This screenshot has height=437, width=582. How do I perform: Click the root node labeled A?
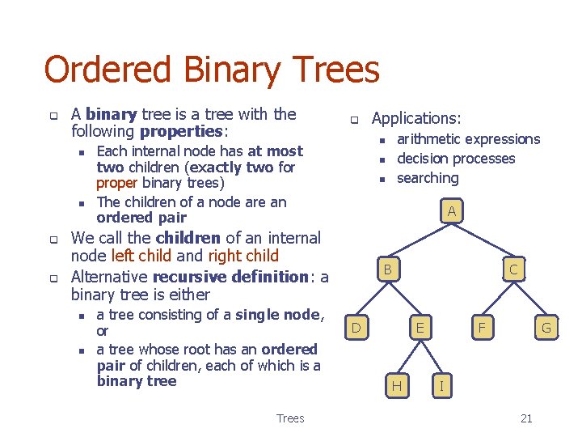pyautogui.click(x=452, y=212)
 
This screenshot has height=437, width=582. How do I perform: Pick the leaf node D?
pyautogui.click(x=356, y=328)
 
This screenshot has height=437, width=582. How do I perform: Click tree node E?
pyautogui.click(x=419, y=328)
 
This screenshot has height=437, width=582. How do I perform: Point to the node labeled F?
pyautogui.click(x=483, y=328)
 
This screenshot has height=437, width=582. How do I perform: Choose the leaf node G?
pyautogui.click(x=546, y=328)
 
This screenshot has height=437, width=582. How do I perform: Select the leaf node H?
pyautogui.click(x=396, y=386)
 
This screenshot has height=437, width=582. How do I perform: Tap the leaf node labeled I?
pyautogui.click(x=441, y=386)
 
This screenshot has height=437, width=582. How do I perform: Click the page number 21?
pyautogui.click(x=526, y=418)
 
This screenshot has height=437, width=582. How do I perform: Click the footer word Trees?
pyautogui.click(x=290, y=418)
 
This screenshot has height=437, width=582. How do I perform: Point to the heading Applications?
pyautogui.click(x=416, y=118)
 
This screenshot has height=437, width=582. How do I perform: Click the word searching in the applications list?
pyautogui.click(x=428, y=178)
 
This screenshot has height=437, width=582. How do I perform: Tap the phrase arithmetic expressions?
pyautogui.click(x=468, y=139)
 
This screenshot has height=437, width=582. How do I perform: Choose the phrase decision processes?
pyautogui.click(x=456, y=159)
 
